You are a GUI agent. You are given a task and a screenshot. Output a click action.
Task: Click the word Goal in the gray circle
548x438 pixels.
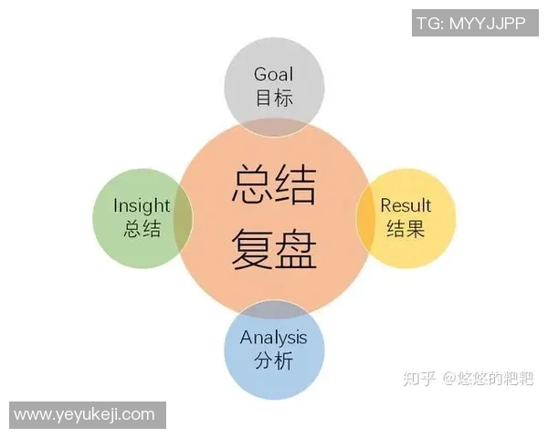pyautogui.click(x=274, y=74)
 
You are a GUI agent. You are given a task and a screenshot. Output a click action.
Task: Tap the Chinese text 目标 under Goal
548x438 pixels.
pyautogui.click(x=274, y=98)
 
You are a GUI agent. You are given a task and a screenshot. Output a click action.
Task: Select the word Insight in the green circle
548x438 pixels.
pyautogui.click(x=142, y=205)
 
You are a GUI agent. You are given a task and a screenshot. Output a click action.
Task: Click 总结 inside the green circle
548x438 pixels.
pyautogui.click(x=142, y=229)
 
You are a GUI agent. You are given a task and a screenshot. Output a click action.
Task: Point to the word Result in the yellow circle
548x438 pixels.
pyautogui.click(x=406, y=205)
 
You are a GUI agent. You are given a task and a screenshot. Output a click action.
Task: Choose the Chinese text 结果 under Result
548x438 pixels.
pyautogui.click(x=406, y=229)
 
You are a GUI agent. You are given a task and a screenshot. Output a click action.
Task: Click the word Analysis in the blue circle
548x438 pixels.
pyautogui.click(x=274, y=338)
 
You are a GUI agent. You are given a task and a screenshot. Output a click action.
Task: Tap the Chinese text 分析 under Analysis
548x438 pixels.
pyautogui.click(x=274, y=361)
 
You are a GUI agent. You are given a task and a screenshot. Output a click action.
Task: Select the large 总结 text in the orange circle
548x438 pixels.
pyautogui.click(x=274, y=184)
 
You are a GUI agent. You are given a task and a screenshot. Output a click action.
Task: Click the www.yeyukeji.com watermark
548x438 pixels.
pyautogui.click(x=85, y=414)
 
